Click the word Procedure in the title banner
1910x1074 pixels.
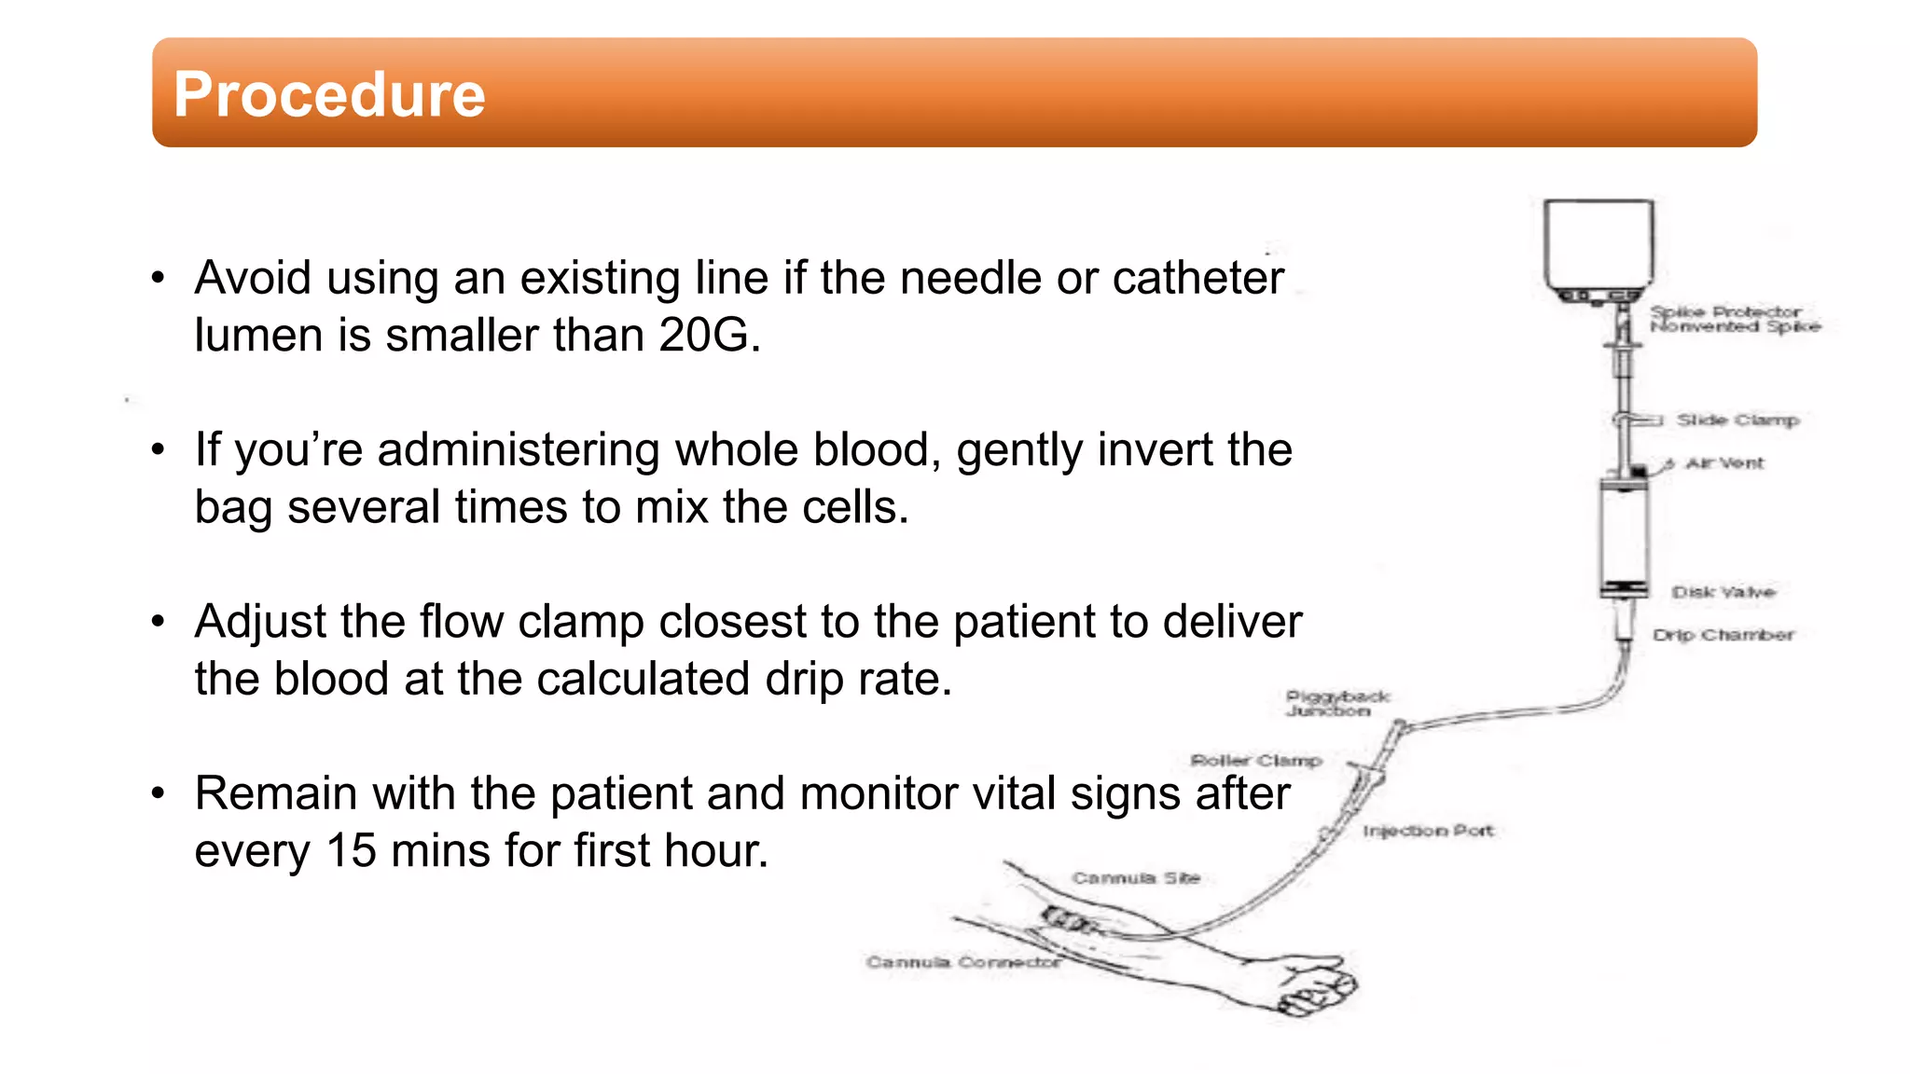[329, 95]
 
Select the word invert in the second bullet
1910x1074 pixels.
[1156, 449]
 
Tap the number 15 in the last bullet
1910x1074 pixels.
[351, 851]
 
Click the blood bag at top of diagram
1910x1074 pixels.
[1599, 245]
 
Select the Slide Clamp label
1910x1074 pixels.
[1737, 420]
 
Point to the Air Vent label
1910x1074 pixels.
[1724, 463]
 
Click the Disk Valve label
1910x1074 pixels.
[1723, 592]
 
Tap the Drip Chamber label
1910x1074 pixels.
[1723, 635]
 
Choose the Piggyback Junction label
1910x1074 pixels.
[1336, 704]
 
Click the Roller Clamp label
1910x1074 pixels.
[1255, 761]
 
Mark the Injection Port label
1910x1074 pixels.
[1427, 831]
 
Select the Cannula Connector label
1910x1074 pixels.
[962, 962]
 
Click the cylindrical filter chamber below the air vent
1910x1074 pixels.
[1624, 536]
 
